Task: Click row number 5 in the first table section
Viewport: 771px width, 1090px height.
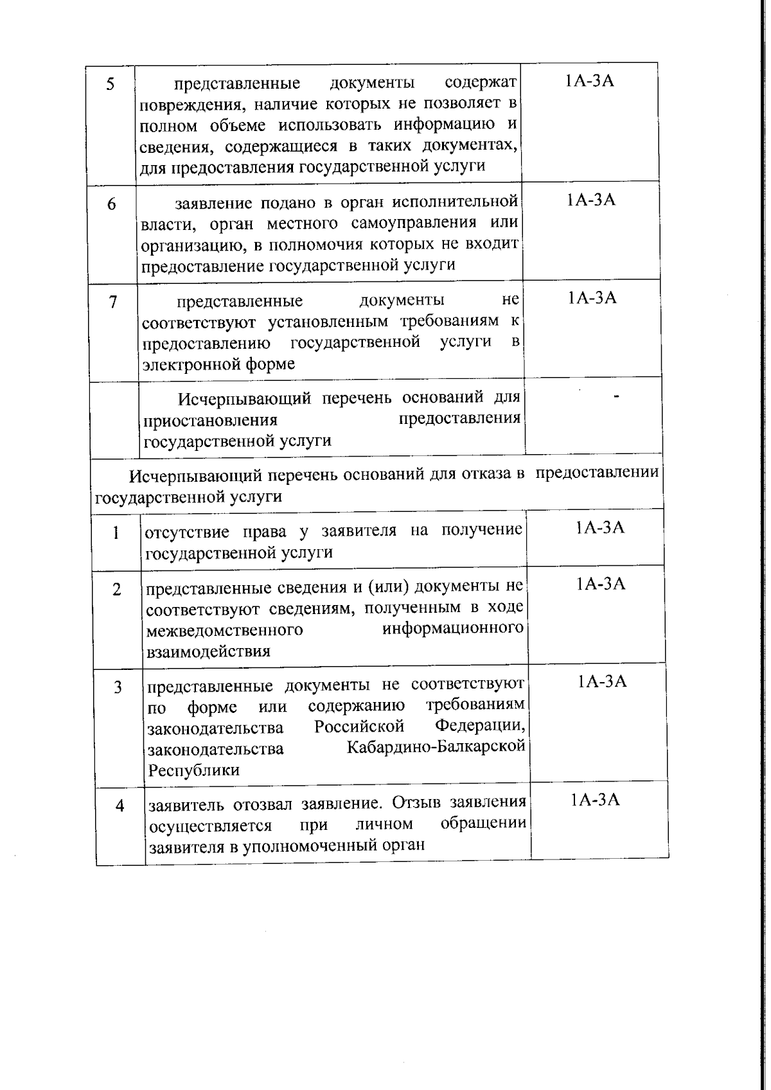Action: coord(111,84)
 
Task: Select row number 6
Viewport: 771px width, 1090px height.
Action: coord(112,205)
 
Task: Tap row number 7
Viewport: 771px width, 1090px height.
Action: coord(113,302)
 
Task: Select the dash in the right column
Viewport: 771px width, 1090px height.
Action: coord(617,398)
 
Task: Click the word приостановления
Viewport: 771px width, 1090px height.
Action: coord(211,421)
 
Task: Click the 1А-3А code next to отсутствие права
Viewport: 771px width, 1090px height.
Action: coord(600,527)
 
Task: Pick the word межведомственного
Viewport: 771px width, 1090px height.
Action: coord(225,630)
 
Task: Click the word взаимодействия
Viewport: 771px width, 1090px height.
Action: coord(208,651)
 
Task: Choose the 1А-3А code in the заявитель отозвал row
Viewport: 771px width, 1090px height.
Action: coord(595,800)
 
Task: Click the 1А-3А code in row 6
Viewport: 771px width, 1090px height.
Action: coord(591,200)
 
